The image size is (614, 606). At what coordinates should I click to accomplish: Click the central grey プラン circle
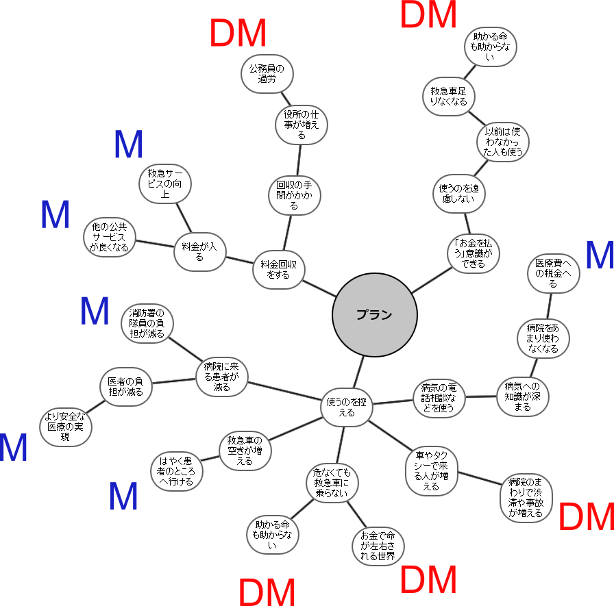(374, 315)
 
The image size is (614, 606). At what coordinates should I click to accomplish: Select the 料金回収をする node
(278, 268)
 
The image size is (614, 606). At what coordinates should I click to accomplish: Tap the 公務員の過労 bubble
(267, 73)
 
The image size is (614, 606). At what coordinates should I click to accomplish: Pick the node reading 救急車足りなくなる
(448, 96)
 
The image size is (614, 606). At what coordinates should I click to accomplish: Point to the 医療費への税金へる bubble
(553, 273)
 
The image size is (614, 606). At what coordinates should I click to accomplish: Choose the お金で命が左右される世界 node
(378, 546)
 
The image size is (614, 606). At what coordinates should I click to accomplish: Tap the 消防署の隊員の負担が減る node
(147, 323)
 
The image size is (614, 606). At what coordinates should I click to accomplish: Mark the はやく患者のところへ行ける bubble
(177, 470)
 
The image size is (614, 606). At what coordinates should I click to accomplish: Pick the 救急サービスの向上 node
(164, 184)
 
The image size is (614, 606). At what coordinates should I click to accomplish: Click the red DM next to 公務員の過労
(238, 33)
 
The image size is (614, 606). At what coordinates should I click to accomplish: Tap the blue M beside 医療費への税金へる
(600, 255)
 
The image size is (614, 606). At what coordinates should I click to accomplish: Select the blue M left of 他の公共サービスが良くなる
(56, 215)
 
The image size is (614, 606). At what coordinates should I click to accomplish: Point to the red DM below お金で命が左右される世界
(428, 579)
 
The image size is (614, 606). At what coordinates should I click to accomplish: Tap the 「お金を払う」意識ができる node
(473, 253)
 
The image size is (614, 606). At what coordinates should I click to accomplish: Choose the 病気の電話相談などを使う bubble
(439, 398)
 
